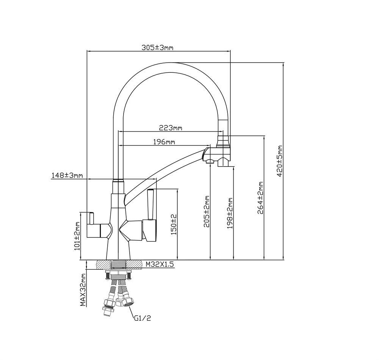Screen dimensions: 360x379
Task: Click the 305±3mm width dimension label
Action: pos(157,47)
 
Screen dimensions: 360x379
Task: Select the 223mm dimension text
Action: pos(171,128)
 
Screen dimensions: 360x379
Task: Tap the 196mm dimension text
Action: pos(164,142)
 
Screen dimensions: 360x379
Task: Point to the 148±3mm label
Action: pos(67,175)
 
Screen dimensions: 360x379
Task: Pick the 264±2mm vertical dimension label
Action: pos(261,198)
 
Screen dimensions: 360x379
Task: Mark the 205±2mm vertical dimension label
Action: pos(207,211)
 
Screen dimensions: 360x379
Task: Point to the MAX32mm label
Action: pos(83,290)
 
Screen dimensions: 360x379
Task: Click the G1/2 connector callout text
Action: pos(143,319)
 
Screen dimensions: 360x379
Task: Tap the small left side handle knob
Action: pos(91,218)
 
